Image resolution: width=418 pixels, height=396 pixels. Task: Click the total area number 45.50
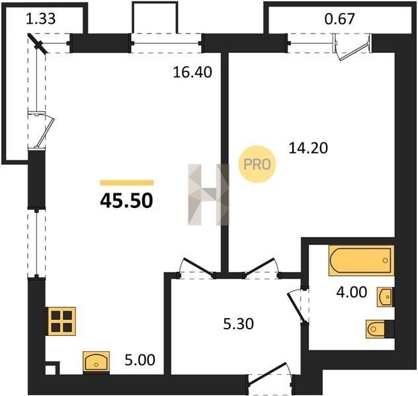126,201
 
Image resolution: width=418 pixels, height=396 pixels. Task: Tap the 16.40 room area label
192,73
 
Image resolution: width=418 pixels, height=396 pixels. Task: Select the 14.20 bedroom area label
308,148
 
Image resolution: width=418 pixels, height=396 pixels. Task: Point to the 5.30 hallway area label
238,324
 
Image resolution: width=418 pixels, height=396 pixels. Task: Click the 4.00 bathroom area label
352,292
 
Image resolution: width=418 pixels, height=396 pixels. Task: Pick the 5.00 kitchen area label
140,360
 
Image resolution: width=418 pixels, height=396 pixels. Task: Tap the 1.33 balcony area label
41,19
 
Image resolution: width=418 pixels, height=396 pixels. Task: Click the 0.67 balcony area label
340,19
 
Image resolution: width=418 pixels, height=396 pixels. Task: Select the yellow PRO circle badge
257,164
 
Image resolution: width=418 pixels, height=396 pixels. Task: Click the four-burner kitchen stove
62,321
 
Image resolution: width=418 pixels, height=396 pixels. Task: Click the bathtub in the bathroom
361,260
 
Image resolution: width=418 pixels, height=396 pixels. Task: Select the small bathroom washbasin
385,297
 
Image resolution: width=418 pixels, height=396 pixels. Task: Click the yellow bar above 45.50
126,182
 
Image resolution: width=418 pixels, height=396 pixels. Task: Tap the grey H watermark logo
208,195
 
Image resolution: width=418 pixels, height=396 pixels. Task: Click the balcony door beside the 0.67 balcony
352,48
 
